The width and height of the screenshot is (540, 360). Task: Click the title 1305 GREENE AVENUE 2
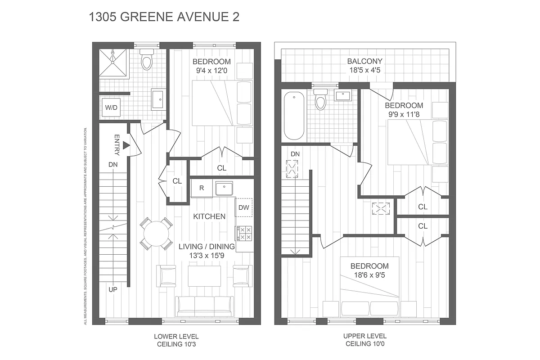coord(165,18)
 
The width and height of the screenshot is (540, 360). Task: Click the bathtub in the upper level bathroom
coord(295,116)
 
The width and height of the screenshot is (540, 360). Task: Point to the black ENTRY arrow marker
coord(126,145)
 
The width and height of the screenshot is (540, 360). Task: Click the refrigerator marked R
coord(202,189)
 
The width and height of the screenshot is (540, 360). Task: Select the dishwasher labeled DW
coord(243,207)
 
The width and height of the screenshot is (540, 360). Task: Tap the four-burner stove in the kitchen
coord(245,233)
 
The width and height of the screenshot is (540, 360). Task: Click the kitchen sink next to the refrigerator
coord(223,188)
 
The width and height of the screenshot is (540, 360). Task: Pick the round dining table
coord(156,234)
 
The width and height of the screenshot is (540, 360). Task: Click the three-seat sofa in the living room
coord(205,306)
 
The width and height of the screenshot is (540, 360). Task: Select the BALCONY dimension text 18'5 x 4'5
coord(364,70)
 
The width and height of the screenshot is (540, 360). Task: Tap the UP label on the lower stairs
coord(112,289)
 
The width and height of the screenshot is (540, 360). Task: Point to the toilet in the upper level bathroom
coord(320,100)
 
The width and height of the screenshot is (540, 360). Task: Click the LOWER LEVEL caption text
coord(176,336)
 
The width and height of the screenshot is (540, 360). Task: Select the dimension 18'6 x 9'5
coord(369,275)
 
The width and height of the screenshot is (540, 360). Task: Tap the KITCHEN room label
coord(209,216)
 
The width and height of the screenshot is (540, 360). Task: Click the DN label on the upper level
coord(295,154)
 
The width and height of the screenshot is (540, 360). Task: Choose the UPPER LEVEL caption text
coord(364,336)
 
